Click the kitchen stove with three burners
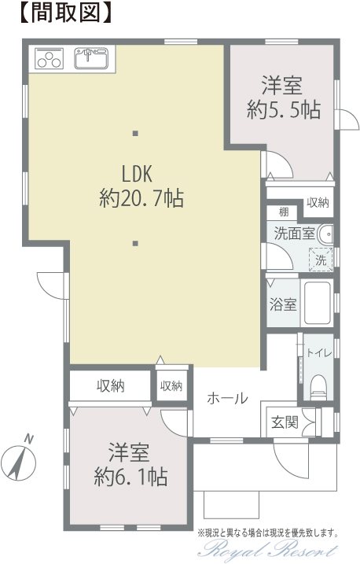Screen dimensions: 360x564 click(49, 58)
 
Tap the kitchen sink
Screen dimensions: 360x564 click(91, 58)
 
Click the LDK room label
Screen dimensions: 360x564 click(138, 174)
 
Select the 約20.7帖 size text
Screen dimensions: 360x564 click(141, 197)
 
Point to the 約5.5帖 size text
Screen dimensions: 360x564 click(283, 109)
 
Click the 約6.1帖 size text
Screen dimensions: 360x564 click(130, 477)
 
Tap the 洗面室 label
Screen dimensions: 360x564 click(294, 234)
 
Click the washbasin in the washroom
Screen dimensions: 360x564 click(325, 234)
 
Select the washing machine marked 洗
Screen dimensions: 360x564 click(321, 260)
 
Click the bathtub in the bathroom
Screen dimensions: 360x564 click(318, 303)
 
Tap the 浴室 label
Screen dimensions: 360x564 click(283, 304)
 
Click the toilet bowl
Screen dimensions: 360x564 click(318, 387)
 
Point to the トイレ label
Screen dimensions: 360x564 click(318, 353)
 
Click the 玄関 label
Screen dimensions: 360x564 click(285, 422)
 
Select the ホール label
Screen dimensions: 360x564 click(227, 398)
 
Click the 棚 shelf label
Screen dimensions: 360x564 click(284, 212)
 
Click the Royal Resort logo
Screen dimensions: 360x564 click(269, 550)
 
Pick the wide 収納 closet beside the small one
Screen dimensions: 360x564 click(110, 385)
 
